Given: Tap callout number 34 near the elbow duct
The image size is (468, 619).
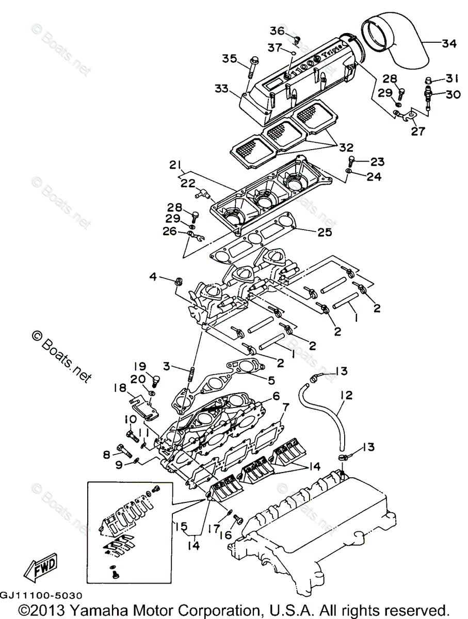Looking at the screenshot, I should (449, 44).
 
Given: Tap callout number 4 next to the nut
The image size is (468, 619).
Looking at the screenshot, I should (153, 278).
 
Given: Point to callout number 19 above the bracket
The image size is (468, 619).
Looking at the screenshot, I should (140, 367).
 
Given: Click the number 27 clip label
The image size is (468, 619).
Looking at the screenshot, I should (417, 132).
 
